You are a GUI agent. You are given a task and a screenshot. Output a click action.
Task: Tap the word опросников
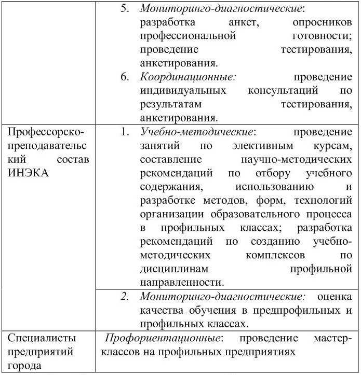click(322, 23)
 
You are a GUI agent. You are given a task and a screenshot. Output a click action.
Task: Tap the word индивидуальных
click(183, 91)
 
